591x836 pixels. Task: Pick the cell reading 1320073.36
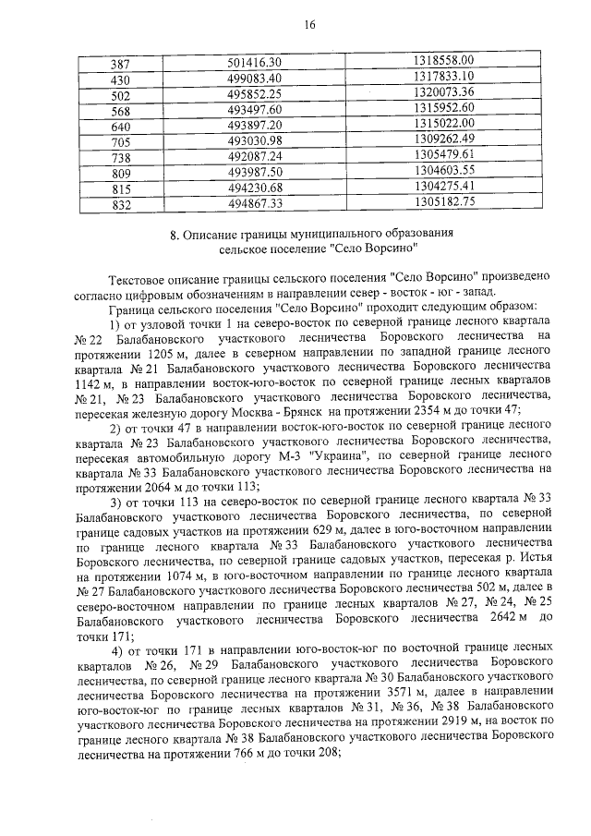click(x=443, y=92)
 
